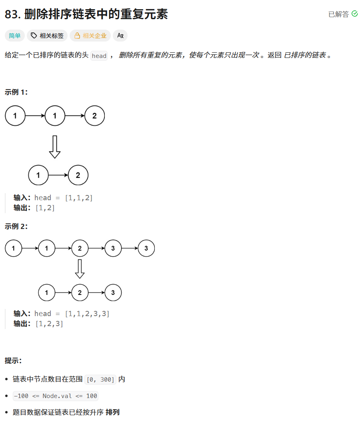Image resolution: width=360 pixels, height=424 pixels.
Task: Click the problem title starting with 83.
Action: pos(86,14)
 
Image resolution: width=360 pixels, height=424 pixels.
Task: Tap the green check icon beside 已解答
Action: pos(355,14)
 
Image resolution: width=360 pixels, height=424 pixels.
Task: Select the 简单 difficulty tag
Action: pos(15,36)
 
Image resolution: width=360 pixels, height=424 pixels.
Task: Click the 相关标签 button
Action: pos(47,36)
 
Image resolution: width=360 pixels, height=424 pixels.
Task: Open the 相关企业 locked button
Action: pos(90,36)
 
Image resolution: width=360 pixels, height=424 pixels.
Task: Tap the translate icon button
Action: pos(120,36)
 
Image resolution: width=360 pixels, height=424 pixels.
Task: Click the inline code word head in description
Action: pos(99,56)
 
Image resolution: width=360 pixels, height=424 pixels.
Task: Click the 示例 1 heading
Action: pos(16,92)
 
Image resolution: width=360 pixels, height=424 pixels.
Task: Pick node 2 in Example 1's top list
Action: pos(94,116)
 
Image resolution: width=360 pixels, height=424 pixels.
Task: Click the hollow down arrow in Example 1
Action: pos(54,147)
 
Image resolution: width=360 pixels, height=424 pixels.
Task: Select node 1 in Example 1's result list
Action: pos(38,175)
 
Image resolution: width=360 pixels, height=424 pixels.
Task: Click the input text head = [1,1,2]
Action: pos(64,198)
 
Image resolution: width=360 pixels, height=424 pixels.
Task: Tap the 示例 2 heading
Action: pos(16,227)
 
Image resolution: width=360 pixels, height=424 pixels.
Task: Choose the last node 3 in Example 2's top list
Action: pos(146,249)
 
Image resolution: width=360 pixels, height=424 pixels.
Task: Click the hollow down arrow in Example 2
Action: pos(80,269)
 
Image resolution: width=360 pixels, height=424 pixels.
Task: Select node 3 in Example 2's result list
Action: pos(113,293)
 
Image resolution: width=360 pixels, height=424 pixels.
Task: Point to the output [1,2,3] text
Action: pos(50,324)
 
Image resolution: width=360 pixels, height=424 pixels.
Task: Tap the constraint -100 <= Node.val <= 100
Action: pos(55,396)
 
